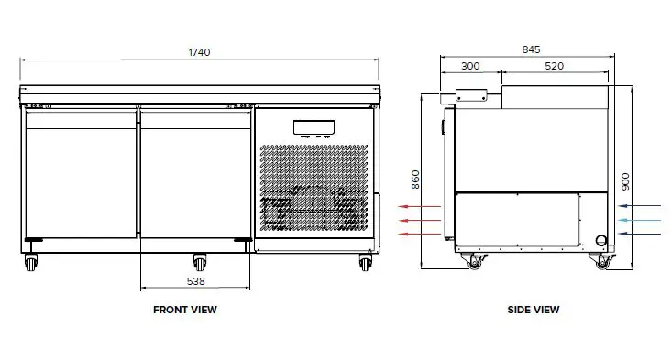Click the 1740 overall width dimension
click(x=200, y=52)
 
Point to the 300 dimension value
click(x=470, y=67)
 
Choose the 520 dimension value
click(x=554, y=67)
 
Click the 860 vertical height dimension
click(x=415, y=179)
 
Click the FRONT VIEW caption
click(x=184, y=310)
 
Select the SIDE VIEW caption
click(x=533, y=310)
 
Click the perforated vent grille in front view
click(x=314, y=187)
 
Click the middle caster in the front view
click(x=199, y=261)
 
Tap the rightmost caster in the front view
click(x=365, y=262)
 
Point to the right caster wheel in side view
click(x=601, y=263)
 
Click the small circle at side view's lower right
click(x=601, y=240)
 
